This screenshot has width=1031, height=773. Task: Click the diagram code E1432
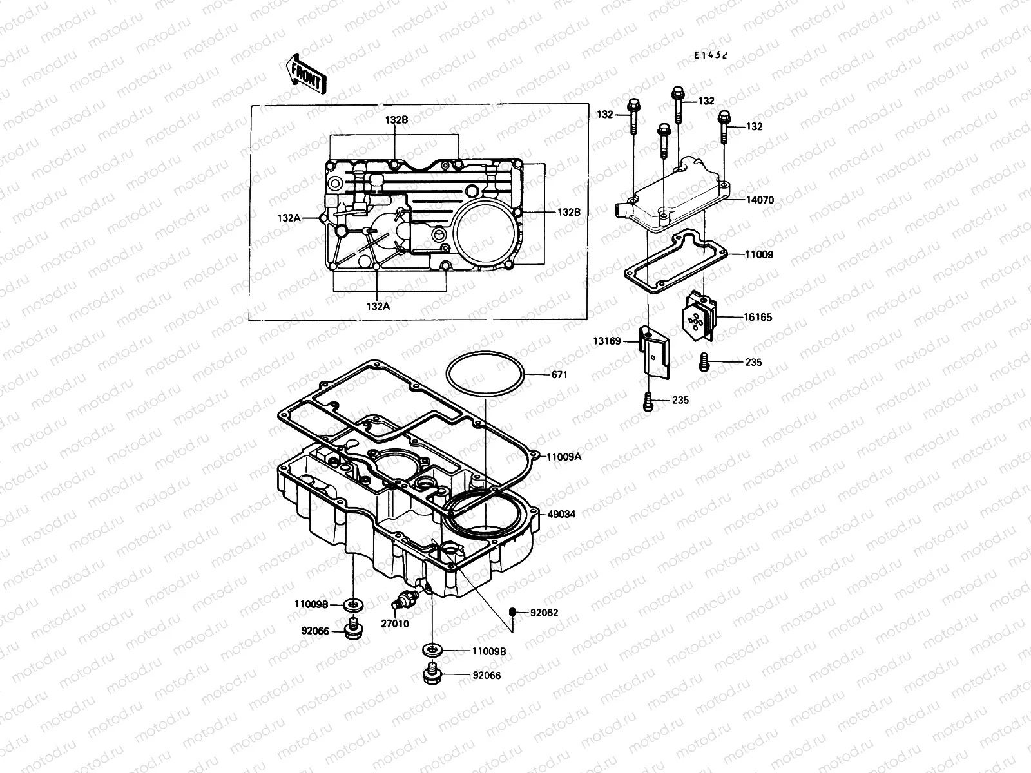(x=711, y=55)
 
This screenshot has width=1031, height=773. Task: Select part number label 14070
(x=760, y=200)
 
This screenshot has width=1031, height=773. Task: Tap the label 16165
(x=758, y=317)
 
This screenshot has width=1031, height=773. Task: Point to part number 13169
(x=607, y=341)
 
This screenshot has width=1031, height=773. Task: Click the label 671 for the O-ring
(x=559, y=374)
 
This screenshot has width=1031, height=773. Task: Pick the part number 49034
(x=561, y=514)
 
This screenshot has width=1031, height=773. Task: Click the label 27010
(x=395, y=624)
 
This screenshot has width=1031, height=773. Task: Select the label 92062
(x=544, y=613)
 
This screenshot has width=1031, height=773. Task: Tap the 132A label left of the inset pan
(x=289, y=218)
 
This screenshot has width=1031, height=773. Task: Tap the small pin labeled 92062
(x=513, y=611)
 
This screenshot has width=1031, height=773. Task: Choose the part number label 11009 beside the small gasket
(x=759, y=254)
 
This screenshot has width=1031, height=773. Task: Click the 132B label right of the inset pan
(x=570, y=211)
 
